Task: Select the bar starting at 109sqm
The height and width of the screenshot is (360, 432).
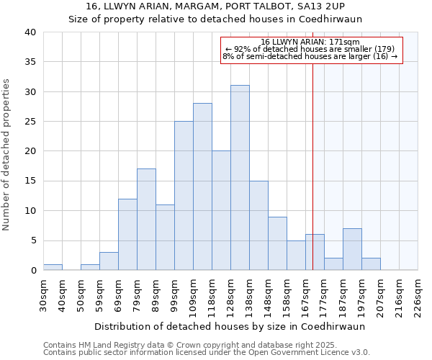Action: pyautogui.click(x=202, y=186)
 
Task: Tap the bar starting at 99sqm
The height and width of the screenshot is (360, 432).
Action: pyautogui.click(x=184, y=196)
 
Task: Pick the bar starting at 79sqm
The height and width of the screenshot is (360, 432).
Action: pyautogui.click(x=146, y=220)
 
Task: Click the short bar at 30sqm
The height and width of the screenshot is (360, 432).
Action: pyautogui.click(x=53, y=267)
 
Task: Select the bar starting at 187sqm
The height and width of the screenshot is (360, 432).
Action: pyautogui.click(x=352, y=249)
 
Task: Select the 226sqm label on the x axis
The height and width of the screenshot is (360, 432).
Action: pyautogui.click(x=418, y=297)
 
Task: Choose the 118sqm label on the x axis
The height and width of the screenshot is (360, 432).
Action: pyautogui.click(x=212, y=297)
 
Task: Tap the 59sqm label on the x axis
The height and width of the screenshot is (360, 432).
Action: pyautogui.click(x=99, y=297)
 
